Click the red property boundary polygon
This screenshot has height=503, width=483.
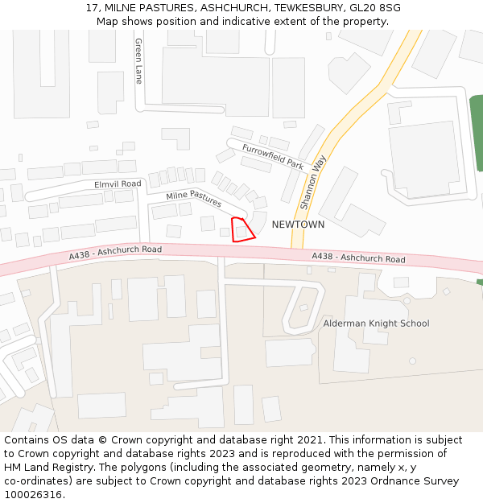click(x=242, y=230)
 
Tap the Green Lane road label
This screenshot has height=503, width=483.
click(x=138, y=61)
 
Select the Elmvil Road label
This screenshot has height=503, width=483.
click(x=118, y=184)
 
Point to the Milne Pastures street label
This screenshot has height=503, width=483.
click(x=194, y=199)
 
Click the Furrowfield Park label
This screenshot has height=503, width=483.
click(x=273, y=156)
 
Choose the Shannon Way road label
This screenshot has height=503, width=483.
click(x=312, y=182)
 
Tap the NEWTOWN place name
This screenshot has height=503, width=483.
click(x=298, y=225)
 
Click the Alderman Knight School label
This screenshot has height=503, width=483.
click(x=376, y=324)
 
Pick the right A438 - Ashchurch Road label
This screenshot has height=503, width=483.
click(x=358, y=258)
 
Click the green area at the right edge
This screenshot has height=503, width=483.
click(x=477, y=133)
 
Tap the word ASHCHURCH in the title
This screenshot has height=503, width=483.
click(x=229, y=8)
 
